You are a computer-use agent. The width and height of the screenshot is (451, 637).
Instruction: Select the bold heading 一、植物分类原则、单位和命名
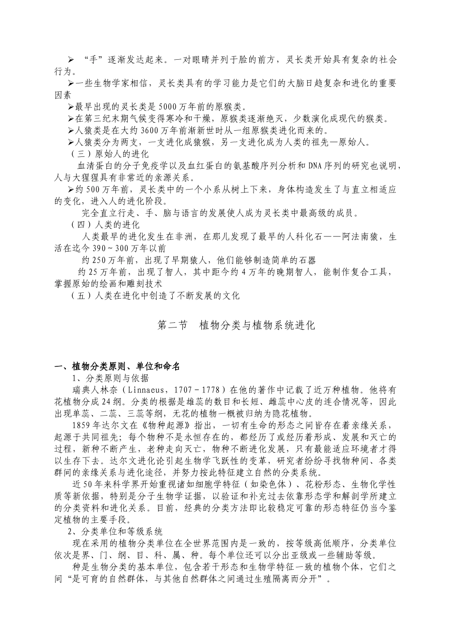coord(117,366)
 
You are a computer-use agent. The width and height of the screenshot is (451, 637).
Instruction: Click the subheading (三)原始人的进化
coord(110,154)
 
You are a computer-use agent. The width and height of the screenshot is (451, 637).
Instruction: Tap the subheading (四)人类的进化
coord(105,224)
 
